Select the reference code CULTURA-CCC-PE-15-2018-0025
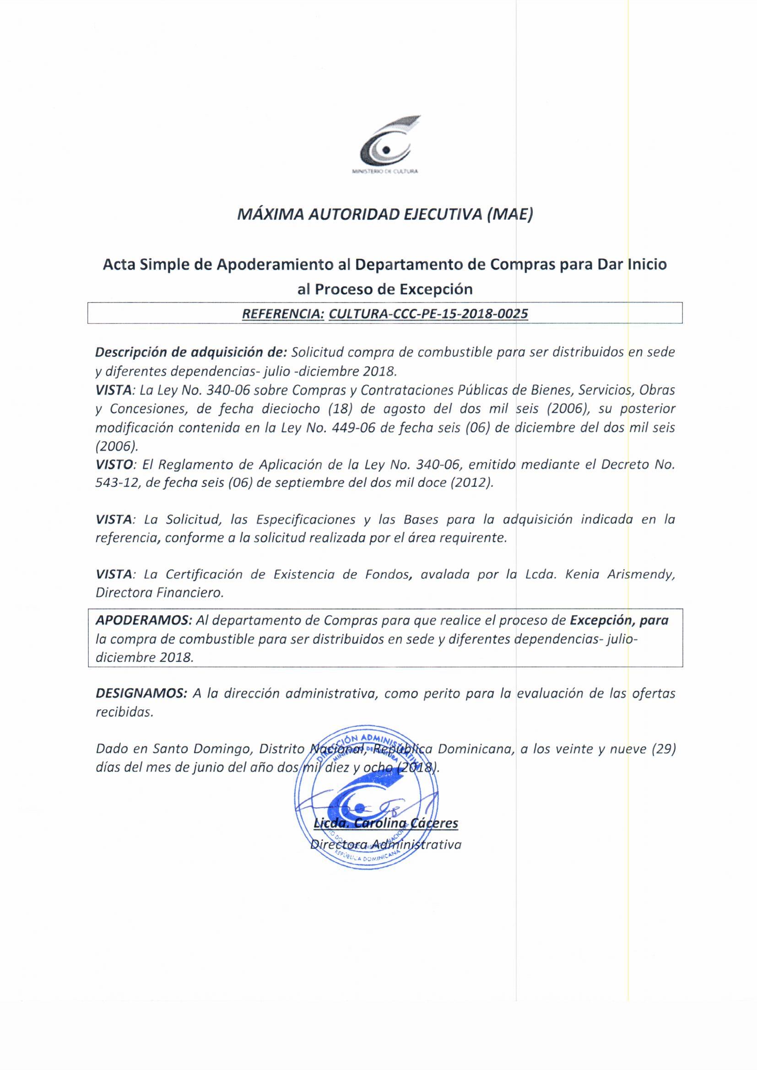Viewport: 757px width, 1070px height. (x=428, y=313)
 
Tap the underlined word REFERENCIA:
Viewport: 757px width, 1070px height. (x=283, y=313)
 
